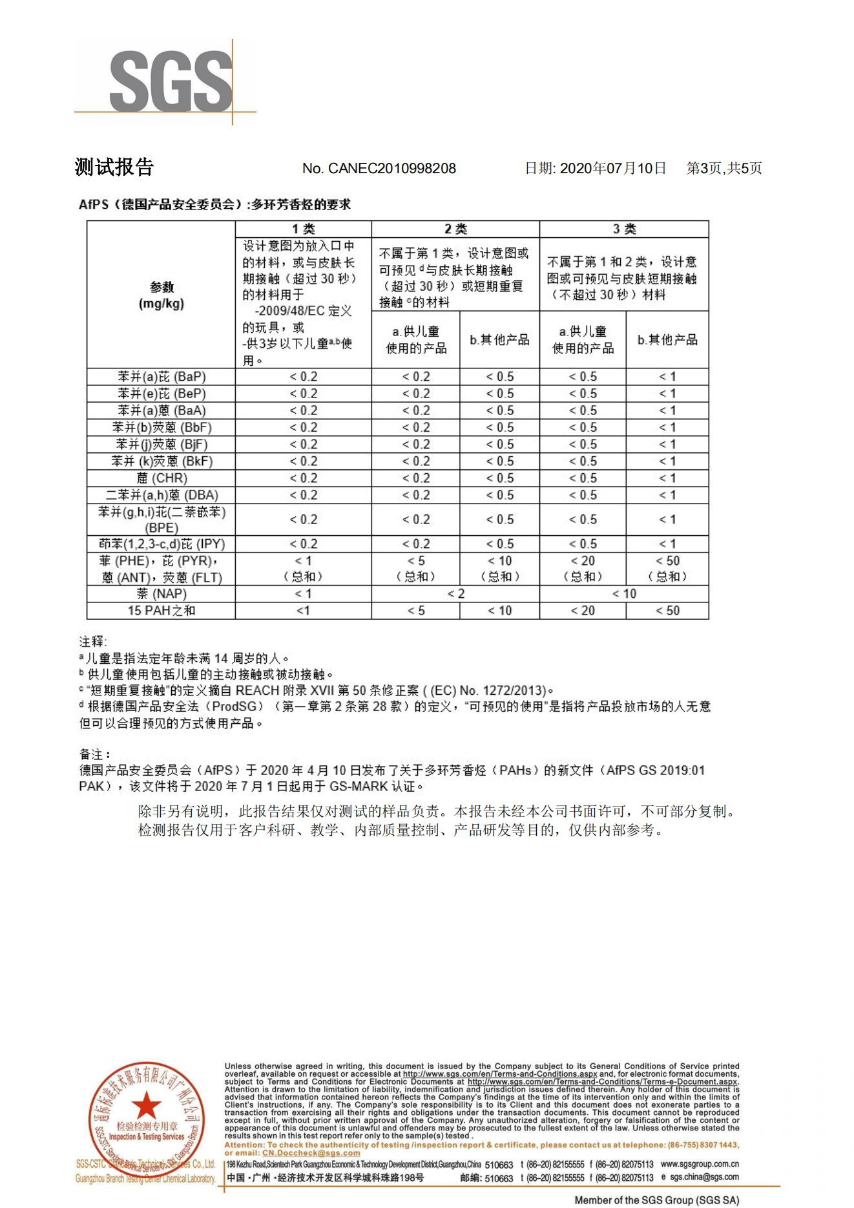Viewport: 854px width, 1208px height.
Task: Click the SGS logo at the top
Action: coord(170,82)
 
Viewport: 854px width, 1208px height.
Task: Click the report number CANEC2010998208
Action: coord(391,169)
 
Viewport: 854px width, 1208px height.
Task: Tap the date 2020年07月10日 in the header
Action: coord(612,169)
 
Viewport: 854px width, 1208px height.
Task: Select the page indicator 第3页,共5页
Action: coord(724,169)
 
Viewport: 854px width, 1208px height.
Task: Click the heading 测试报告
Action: coord(114,167)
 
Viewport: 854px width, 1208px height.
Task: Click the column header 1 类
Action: coord(303,229)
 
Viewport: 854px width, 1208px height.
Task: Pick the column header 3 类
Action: coord(624,229)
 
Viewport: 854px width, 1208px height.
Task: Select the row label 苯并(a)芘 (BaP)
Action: coord(161,377)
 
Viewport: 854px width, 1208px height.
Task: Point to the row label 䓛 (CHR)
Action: coord(161,478)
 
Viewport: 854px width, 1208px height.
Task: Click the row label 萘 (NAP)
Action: coord(161,594)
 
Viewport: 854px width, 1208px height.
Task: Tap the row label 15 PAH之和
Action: coord(161,611)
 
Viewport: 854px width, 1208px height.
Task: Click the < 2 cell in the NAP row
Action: coord(455,594)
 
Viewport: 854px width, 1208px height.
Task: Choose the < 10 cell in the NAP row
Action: coord(624,594)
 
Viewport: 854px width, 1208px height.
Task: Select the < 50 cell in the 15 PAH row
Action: coord(667,611)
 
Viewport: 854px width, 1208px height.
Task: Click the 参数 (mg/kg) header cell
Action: coord(161,295)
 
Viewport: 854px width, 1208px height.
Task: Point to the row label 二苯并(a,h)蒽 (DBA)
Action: coord(161,495)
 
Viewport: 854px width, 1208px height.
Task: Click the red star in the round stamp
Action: coord(147,1105)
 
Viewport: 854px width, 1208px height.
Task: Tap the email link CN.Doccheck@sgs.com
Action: coord(311,1152)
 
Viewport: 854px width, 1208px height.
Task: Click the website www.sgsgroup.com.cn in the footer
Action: coord(700,1163)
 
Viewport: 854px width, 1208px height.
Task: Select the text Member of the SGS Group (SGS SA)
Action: coord(656,1200)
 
